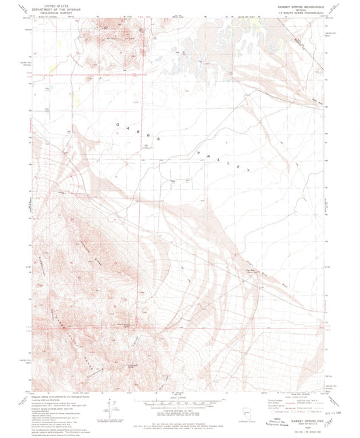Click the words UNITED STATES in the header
click(x=48, y=3)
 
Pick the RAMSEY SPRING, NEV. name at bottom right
click(x=305, y=419)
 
